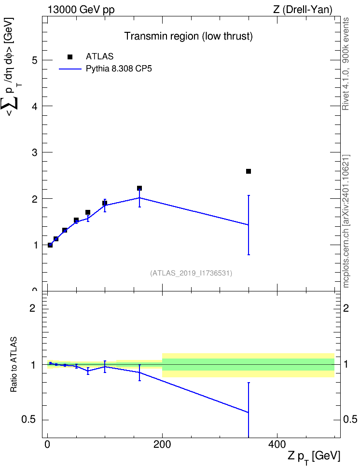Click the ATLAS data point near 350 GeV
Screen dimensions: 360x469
click(x=249, y=171)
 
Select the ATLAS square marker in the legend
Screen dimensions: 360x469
click(x=70, y=57)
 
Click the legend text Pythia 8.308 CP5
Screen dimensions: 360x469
click(x=119, y=69)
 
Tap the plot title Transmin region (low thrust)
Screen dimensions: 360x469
click(x=189, y=36)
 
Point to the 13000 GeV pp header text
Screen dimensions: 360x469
click(x=81, y=10)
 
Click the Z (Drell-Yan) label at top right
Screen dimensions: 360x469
click(x=303, y=10)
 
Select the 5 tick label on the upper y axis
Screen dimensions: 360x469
click(x=35, y=60)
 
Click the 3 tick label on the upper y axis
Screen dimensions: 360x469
click(x=35, y=152)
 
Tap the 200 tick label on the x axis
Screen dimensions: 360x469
click(x=162, y=445)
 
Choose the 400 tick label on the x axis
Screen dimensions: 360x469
click(x=277, y=445)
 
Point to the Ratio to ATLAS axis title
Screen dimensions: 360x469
click(x=14, y=364)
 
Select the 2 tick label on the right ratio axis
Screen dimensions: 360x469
click(x=346, y=308)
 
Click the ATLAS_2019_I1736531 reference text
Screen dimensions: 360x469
click(x=191, y=273)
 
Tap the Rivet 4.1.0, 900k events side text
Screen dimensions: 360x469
click(x=346, y=64)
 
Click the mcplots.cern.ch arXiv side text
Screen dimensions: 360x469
click(x=346, y=221)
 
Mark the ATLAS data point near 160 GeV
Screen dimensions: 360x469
click(x=139, y=188)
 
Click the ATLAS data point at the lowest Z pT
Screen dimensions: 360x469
click(x=50, y=245)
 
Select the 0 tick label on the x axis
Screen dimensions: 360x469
click(x=48, y=445)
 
